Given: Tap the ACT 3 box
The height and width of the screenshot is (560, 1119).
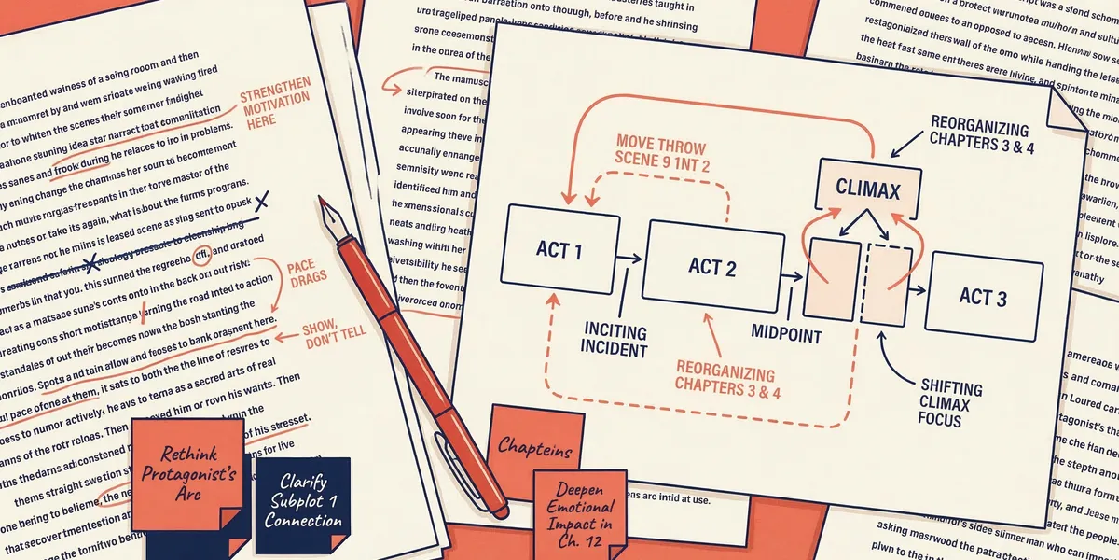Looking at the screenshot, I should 983,296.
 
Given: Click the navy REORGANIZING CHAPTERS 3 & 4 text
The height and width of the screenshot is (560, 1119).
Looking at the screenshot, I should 978,138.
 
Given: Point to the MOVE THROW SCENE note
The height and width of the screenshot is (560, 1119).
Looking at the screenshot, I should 661,156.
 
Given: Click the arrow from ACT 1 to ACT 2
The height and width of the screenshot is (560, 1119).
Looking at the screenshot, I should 629,258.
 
